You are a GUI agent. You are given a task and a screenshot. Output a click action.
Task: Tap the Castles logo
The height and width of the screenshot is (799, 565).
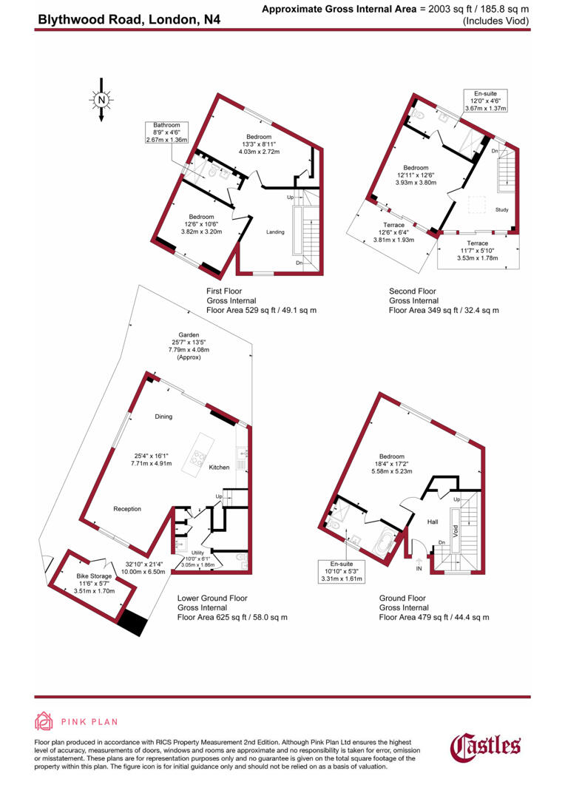coord(486,746)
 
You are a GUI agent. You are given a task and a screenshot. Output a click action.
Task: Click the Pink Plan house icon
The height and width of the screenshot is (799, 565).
coord(44,722)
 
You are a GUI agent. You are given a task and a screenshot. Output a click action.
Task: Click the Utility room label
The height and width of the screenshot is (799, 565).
coord(197,552)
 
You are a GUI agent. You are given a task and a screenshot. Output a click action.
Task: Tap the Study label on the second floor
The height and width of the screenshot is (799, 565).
coord(501,210)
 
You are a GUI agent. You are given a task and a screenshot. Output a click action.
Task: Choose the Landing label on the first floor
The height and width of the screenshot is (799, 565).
coord(275,232)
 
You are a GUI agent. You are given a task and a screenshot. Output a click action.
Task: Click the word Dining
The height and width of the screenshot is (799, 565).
coord(163,417)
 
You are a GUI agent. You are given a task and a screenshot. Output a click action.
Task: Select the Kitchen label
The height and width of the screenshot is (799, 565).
coord(219,468)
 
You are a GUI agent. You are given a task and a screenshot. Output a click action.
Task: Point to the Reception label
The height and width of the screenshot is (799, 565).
coord(127,509)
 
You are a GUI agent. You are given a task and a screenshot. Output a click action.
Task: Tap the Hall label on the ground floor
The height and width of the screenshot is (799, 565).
coord(433,522)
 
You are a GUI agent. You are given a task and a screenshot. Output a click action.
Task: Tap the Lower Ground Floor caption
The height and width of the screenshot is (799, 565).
coord(212,598)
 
